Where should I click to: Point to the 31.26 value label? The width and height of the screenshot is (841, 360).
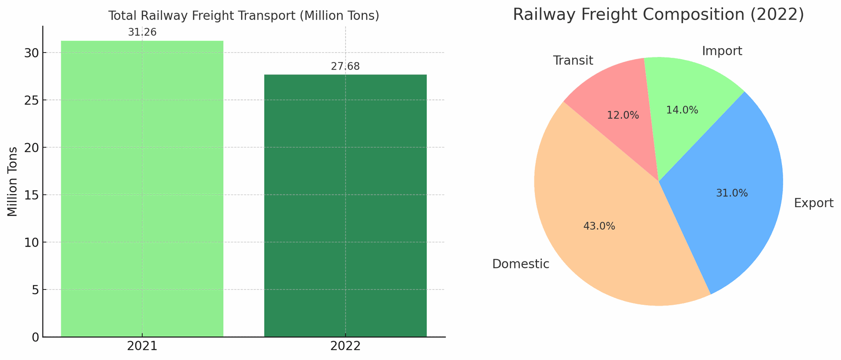tap(142, 32)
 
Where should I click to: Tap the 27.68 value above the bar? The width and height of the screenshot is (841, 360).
tap(345, 67)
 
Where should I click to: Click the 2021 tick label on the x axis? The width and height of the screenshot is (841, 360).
tap(142, 346)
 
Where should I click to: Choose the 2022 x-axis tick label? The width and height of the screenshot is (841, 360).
tap(345, 346)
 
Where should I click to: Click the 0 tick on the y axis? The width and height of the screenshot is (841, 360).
tap(35, 337)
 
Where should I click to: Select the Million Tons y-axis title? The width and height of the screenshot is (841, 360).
tap(13, 181)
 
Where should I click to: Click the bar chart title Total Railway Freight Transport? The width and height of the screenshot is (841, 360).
tap(244, 16)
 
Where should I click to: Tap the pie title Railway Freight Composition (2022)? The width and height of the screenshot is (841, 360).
tap(658, 14)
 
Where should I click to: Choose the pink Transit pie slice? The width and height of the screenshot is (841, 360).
tap(618, 105)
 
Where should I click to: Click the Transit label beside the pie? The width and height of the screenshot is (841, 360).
tap(573, 60)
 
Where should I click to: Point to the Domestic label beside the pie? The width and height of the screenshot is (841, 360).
tap(520, 264)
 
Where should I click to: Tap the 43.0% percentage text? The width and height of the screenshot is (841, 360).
tap(599, 226)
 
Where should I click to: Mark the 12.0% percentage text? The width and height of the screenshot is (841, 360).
tap(623, 116)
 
